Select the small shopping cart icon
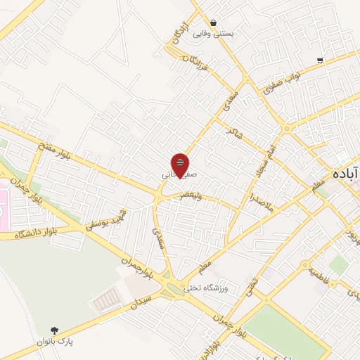click(320, 60)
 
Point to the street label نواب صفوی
click(283, 83)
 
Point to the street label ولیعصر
click(190, 195)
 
